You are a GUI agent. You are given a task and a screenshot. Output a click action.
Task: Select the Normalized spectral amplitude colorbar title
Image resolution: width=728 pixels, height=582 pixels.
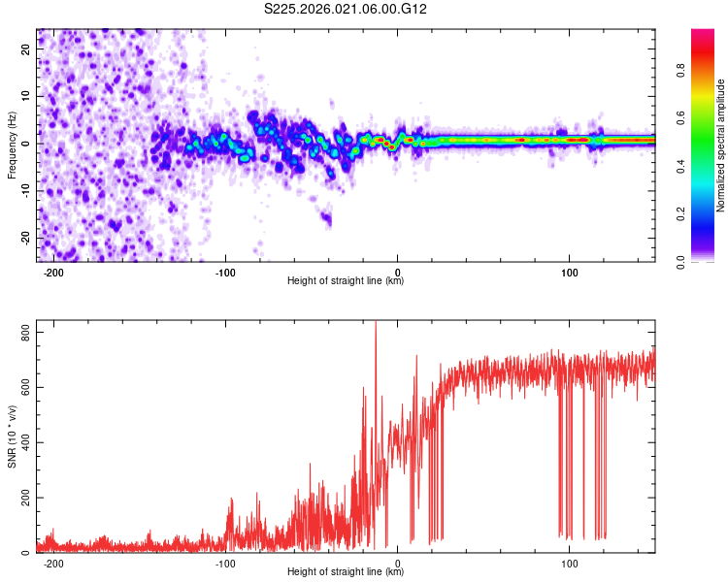(x=720, y=145)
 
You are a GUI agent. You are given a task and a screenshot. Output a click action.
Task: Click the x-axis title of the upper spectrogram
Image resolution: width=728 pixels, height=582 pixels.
(x=346, y=281)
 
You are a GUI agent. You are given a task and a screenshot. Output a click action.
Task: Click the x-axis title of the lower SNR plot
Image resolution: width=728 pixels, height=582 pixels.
(x=346, y=572)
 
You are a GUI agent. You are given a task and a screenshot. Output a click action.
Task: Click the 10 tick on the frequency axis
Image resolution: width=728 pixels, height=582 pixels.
(x=26, y=97)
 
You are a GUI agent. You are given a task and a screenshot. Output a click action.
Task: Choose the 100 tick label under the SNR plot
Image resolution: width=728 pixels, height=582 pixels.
(x=570, y=564)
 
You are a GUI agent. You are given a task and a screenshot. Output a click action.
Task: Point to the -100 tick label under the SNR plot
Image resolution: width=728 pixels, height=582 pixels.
(x=225, y=564)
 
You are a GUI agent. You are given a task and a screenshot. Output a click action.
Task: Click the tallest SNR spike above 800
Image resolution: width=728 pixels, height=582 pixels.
(x=376, y=325)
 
